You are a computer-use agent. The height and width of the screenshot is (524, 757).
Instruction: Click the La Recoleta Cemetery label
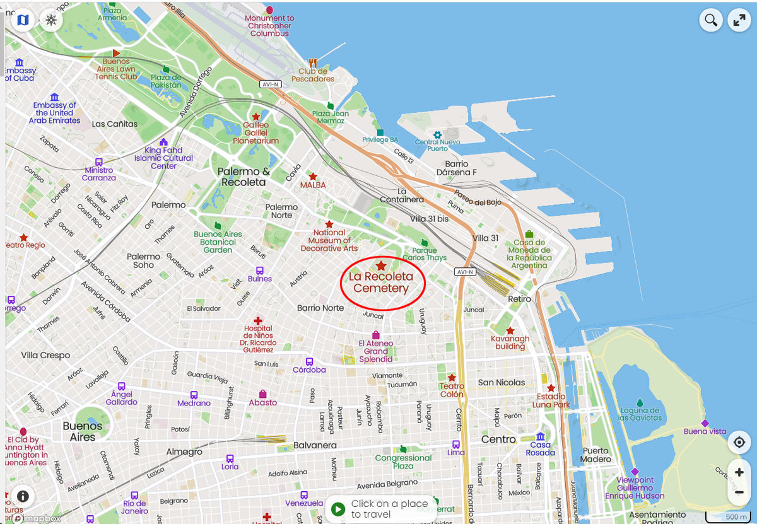tap(381, 282)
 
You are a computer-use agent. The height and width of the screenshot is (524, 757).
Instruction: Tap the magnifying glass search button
tap(711, 20)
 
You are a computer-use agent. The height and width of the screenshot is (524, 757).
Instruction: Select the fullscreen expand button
tap(739, 20)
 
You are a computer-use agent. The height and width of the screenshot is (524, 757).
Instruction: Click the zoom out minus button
tap(739, 492)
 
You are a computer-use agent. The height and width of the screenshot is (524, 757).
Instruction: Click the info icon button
tap(23, 496)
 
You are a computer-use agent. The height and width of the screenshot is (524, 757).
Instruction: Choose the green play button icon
tap(338, 509)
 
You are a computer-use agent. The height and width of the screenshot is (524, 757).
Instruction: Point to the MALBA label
tap(313, 185)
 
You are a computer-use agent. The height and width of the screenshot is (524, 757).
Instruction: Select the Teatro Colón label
tap(452, 390)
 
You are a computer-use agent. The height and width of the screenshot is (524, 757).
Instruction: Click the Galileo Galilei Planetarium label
tap(255, 132)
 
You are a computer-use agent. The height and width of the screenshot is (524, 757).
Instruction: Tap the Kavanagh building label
tap(510, 342)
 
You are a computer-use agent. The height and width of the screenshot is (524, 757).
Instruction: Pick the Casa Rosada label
tap(541, 448)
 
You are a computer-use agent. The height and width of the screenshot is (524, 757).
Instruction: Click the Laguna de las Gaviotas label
tap(640, 414)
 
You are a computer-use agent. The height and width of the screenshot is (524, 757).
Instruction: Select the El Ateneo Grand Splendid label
tap(376, 351)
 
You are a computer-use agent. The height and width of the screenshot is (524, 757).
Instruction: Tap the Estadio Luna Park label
tap(551, 400)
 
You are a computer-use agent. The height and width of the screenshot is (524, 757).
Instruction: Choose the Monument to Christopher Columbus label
tap(270, 26)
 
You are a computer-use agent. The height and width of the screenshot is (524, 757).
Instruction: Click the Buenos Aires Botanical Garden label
tap(218, 242)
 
